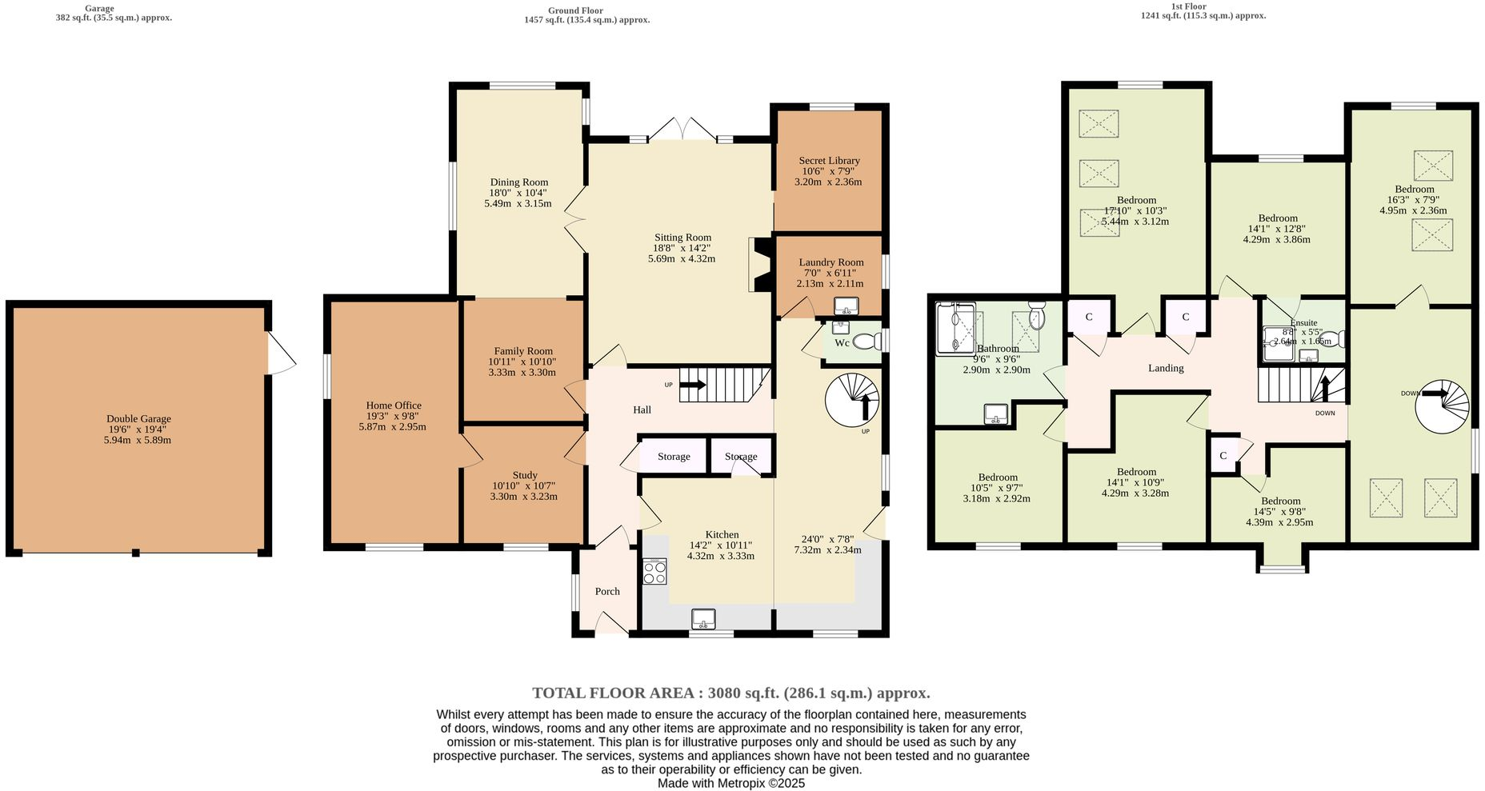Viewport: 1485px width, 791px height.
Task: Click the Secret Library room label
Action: point(829,161)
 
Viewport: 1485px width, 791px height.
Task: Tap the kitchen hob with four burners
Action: point(654,572)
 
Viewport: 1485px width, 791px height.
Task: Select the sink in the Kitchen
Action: point(703,618)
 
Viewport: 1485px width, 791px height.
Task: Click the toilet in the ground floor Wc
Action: point(867,342)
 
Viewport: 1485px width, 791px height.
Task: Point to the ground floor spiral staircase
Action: point(852,398)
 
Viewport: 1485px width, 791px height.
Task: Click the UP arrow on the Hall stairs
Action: point(692,385)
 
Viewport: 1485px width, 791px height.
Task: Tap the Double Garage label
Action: point(138,419)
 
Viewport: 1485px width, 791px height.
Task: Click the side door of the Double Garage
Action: point(280,353)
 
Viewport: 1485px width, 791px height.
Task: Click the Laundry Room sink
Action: point(846,306)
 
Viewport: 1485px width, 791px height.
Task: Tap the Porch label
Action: point(607,592)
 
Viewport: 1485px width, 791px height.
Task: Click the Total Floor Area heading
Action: point(730,693)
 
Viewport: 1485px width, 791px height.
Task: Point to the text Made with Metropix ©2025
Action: point(730,784)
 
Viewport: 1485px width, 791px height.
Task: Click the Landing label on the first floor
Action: point(1166,368)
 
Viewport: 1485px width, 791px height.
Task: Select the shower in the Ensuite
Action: point(1277,344)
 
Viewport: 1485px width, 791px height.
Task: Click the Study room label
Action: point(525,475)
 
